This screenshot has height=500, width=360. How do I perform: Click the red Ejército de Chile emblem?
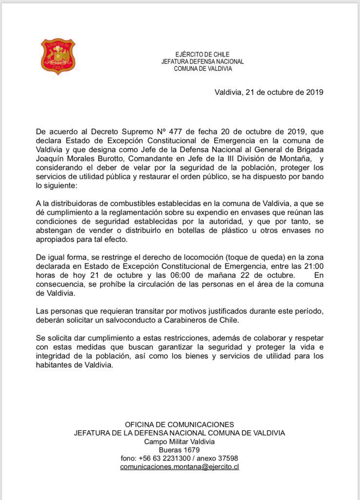pos(58,57)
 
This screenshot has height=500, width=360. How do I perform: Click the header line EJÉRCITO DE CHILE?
pos(202,55)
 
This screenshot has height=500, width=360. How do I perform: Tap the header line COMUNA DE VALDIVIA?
pos(203,69)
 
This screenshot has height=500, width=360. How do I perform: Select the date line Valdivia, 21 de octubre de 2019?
pos(269,92)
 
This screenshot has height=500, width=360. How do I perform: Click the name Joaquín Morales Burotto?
pos(76,157)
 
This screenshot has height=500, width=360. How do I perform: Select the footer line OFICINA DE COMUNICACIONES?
pos(180,425)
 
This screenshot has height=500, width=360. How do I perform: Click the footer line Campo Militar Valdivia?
pos(180,441)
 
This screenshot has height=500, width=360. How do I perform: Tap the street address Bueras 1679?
pos(180,450)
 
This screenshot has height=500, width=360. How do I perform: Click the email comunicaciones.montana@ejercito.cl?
pos(180,467)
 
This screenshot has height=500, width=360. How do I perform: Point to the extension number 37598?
pos(224,458)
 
